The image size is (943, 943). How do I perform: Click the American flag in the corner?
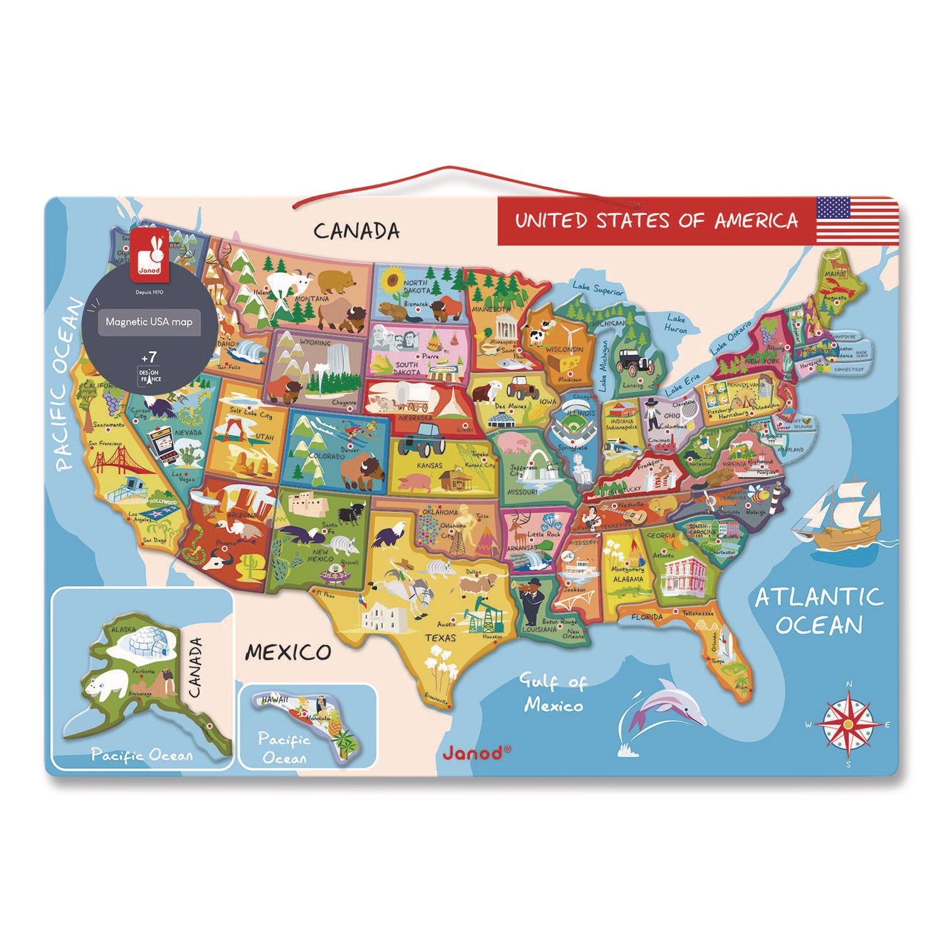(857, 219)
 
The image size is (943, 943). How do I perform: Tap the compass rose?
(848, 724)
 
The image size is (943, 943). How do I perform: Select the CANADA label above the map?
(356, 231)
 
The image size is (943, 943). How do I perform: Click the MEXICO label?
(287, 653)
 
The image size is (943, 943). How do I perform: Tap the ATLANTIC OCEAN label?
(819, 610)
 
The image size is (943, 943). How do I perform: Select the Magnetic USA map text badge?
(149, 322)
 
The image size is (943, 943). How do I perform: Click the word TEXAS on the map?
(440, 638)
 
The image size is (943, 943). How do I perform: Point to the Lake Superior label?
(598, 289)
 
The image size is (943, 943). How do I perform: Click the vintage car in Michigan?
(631, 361)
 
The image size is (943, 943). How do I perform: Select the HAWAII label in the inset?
(275, 699)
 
